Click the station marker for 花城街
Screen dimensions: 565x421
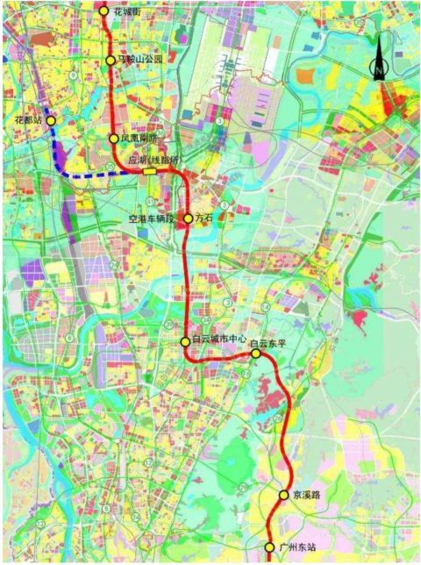(104, 11)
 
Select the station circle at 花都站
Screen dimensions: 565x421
(52, 121)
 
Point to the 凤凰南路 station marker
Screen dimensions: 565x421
(113, 139)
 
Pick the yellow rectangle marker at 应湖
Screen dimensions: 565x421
(151, 172)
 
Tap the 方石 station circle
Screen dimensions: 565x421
(188, 218)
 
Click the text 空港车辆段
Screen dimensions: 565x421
(152, 217)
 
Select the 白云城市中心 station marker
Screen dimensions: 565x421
(185, 341)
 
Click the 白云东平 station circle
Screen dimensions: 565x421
(255, 354)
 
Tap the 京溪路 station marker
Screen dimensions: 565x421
(283, 495)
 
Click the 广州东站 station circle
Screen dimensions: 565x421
(269, 547)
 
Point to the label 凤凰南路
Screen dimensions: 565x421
(138, 139)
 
